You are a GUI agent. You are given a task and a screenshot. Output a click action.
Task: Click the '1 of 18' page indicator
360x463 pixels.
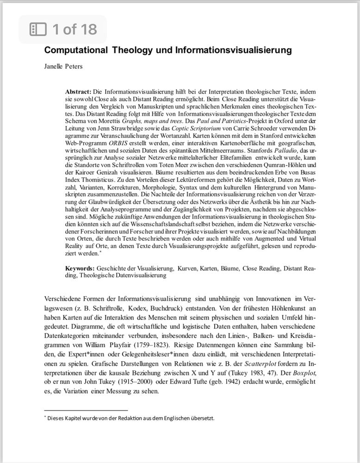[74, 30]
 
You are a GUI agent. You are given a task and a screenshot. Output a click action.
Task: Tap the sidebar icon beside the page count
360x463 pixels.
[38, 30]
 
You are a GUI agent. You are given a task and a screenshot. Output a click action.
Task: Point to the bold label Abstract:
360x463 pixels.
[78, 92]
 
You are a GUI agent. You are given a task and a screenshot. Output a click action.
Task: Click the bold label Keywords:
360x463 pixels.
[80, 269]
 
